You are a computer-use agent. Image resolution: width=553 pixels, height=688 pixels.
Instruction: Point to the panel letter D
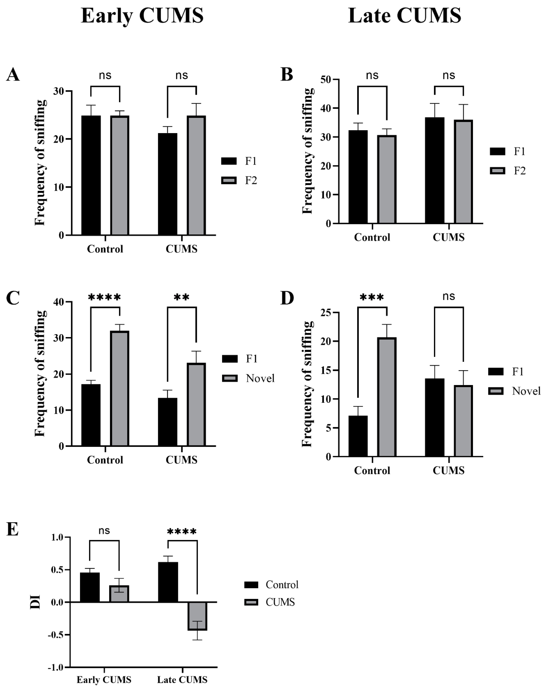(x=287, y=298)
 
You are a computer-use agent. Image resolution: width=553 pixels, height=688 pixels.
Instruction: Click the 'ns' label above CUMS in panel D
(x=449, y=296)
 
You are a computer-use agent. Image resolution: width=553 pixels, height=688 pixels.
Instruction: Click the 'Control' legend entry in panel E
(x=282, y=585)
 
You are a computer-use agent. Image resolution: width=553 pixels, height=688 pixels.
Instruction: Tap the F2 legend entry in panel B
(x=519, y=171)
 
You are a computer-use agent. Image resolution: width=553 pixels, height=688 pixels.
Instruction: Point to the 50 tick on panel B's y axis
(x=326, y=80)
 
